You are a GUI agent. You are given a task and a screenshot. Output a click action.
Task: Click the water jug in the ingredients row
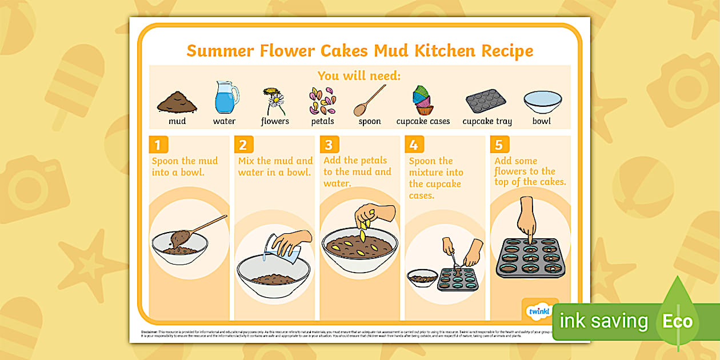[226, 98]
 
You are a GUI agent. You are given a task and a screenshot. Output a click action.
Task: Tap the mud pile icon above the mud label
[177, 102]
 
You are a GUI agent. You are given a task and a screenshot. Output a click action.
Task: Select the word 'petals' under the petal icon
[322, 121]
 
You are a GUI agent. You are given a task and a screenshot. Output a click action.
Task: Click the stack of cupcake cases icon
[423, 100]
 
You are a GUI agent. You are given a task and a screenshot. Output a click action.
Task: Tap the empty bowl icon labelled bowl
[542, 102]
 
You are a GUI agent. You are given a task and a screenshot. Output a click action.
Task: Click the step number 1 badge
[158, 144]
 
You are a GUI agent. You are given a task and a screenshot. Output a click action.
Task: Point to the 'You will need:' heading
[359, 76]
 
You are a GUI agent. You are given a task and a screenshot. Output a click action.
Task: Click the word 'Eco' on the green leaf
[677, 321]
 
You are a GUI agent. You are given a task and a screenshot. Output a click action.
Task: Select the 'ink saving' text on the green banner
[603, 321]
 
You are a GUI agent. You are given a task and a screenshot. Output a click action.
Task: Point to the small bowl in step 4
[422, 278]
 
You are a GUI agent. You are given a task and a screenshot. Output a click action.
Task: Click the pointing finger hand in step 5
[526, 220]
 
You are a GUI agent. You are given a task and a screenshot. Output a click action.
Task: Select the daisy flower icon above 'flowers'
[274, 101]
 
